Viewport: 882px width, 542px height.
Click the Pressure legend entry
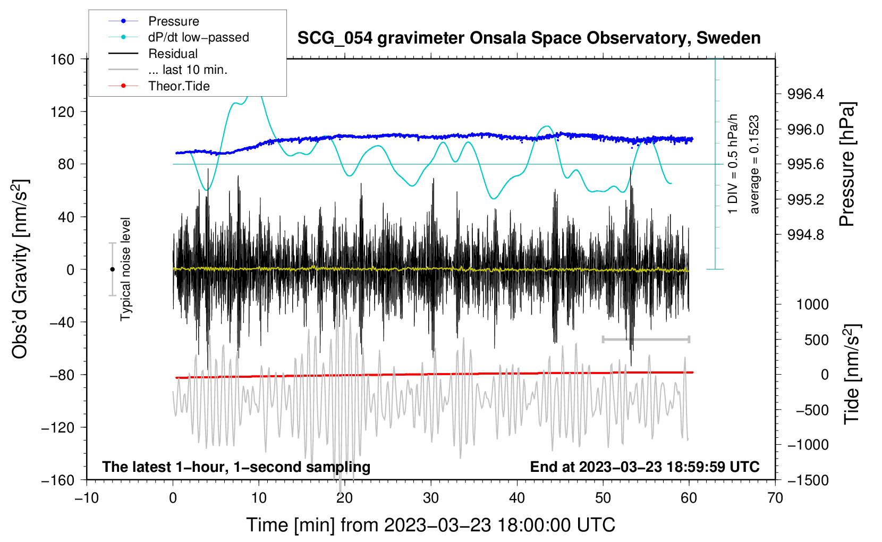(154, 21)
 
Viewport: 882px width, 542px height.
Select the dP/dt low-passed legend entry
(179, 37)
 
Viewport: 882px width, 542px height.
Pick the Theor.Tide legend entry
(159, 86)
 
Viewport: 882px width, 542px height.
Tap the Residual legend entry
(153, 54)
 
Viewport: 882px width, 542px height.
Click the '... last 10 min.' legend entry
(168, 70)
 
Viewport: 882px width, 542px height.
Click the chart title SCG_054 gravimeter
(529, 38)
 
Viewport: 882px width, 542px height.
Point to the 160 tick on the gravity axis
(63, 60)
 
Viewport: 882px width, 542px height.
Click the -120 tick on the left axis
(58, 427)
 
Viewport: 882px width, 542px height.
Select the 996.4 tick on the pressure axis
(805, 94)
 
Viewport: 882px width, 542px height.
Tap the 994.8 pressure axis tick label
(805, 235)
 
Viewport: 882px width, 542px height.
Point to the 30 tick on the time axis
(431, 498)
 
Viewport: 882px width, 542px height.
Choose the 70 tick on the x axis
(775, 498)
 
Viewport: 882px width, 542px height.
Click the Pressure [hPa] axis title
(847, 164)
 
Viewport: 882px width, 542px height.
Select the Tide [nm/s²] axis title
(852, 374)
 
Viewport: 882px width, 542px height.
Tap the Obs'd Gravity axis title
(20, 269)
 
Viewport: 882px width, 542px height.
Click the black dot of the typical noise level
(112, 269)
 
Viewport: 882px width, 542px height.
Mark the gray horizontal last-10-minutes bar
(646, 339)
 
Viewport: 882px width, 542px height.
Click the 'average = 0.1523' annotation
(754, 164)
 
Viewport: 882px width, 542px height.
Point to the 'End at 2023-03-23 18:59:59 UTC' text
(644, 467)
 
